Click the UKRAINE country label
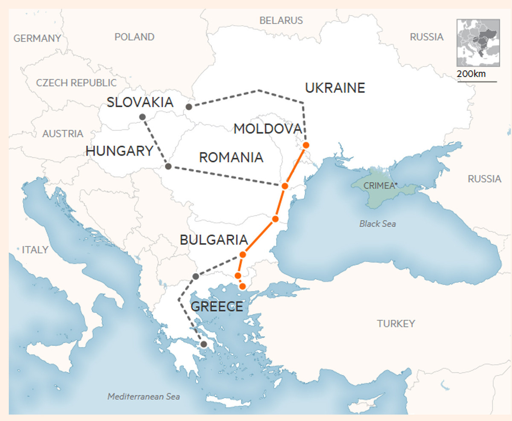point(335,88)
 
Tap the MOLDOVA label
point(268,128)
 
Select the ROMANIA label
point(231,157)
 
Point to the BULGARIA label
point(214,240)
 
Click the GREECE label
point(217,306)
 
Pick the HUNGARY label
point(119,151)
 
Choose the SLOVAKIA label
point(140,102)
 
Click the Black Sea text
point(377,224)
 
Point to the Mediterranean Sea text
point(143,397)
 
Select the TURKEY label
point(396,324)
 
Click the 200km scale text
point(471,74)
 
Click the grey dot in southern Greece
point(204,344)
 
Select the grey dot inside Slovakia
point(142,117)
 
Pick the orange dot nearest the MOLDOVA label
point(305,145)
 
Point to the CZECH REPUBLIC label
point(76,83)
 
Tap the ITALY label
point(35,250)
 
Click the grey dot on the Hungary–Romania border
point(168,166)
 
